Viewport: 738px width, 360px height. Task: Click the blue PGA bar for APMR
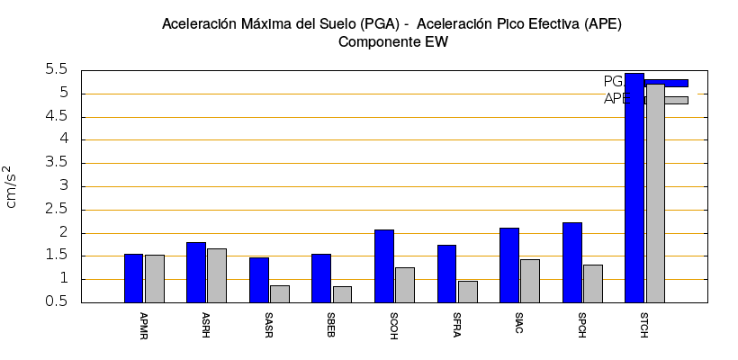(133, 278)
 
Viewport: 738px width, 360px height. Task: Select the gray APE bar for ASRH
(217, 275)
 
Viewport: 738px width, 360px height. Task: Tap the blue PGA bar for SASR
(259, 280)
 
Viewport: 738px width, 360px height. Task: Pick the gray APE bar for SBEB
(342, 294)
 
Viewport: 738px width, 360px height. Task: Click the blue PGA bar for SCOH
(384, 266)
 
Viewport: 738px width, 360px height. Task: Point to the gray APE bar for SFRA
(468, 292)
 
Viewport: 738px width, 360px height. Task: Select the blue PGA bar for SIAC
(509, 265)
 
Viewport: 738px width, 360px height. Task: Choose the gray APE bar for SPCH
(593, 283)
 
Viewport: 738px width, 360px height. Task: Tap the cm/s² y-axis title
(11, 186)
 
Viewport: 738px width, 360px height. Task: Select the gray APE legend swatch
(667, 100)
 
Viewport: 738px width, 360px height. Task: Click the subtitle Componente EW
(392, 41)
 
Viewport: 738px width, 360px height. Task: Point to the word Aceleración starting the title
(201, 23)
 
